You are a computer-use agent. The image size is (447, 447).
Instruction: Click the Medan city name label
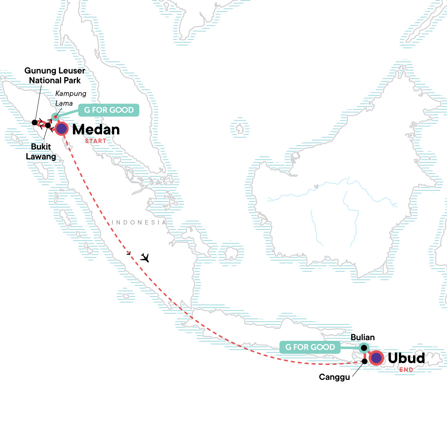96,130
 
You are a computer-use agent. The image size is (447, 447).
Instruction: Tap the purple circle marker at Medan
61,129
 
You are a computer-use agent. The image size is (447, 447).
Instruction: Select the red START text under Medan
95,141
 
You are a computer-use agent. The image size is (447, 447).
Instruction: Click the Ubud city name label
406,358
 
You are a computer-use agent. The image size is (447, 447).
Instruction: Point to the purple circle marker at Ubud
377,358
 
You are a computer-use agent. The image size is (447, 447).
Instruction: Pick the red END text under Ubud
406,370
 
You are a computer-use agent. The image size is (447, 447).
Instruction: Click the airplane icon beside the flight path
145,257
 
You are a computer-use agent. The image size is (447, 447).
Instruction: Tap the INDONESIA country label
139,222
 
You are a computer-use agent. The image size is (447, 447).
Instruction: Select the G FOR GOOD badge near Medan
109,110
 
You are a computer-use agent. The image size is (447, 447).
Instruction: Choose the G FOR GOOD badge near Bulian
310,347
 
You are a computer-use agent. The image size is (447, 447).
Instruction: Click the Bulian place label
362,337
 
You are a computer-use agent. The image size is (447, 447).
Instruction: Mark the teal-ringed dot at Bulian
364,348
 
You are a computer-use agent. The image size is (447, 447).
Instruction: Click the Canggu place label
334,377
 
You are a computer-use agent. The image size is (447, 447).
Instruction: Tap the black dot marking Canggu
365,361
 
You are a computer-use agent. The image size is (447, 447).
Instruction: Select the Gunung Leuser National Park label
55,75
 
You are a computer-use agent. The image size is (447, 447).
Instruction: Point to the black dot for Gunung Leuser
35,122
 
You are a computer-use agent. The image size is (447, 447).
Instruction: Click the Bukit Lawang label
41,152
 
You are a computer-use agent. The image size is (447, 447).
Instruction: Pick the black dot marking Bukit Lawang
48,125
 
